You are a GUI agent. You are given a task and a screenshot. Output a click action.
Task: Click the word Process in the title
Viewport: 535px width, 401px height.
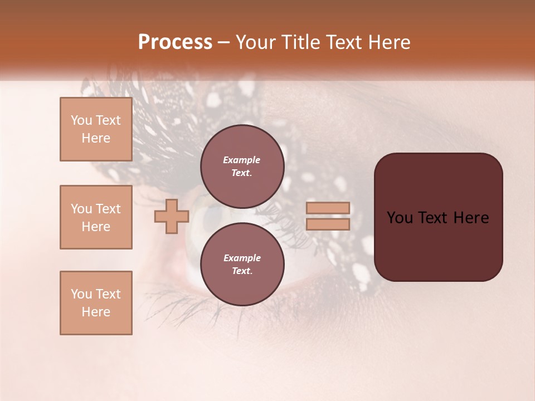[175, 42]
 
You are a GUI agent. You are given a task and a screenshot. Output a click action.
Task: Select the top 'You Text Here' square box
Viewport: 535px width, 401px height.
[96, 129]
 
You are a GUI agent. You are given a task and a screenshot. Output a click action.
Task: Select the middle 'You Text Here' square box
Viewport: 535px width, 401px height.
[96, 217]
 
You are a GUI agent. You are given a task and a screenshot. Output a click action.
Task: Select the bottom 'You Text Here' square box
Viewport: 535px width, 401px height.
[96, 303]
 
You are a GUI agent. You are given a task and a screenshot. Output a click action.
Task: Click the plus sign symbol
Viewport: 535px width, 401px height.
[171, 217]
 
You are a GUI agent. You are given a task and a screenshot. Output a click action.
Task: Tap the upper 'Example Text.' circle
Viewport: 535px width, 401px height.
[242, 167]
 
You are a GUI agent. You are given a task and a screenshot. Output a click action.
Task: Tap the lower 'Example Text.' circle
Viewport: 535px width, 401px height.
[242, 265]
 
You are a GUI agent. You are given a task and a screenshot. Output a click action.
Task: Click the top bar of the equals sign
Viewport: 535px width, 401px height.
[328, 208]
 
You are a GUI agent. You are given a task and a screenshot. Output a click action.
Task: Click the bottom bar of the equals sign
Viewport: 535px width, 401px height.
[328, 224]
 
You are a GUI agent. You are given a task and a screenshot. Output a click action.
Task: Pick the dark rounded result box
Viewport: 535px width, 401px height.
[438, 217]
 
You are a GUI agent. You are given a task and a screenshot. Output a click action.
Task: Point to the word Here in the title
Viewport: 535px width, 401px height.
[388, 42]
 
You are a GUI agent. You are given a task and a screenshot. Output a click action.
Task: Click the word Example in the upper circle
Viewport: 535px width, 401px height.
[242, 160]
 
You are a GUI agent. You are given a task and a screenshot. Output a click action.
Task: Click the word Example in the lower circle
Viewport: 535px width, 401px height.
[242, 258]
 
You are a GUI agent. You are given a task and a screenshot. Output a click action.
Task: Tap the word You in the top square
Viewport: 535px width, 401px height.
[81, 120]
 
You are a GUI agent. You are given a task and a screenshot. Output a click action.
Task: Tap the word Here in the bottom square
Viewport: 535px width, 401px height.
[96, 312]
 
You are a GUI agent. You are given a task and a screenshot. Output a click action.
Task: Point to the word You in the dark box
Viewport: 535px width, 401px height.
[400, 218]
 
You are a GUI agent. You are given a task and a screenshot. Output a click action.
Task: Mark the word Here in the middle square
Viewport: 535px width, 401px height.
[96, 227]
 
